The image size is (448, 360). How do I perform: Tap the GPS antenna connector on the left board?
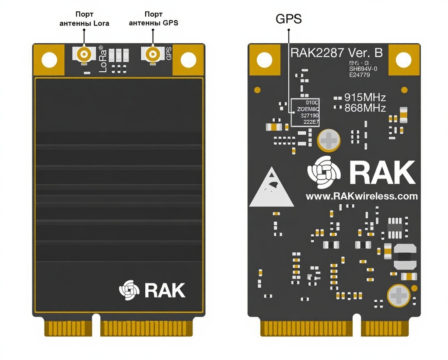point(153,55)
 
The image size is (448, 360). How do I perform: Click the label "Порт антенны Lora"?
point(84,19)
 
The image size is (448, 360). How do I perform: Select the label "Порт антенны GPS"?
point(153,19)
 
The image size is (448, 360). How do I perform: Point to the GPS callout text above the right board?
point(288,19)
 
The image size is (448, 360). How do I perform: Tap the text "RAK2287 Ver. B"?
point(337,53)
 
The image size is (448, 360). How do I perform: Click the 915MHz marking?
point(365,98)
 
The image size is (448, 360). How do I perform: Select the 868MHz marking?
point(365,108)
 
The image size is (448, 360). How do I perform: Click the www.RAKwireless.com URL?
point(361,196)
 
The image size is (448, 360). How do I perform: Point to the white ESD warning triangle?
point(271,188)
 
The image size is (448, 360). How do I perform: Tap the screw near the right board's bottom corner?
point(399,295)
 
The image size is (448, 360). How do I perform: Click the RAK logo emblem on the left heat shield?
point(129,290)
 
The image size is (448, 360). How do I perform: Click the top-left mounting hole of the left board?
point(49,59)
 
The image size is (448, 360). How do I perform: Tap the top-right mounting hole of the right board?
point(404,60)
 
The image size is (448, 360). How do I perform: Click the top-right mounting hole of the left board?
point(189,59)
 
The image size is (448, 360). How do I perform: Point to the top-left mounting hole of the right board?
point(264,60)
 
